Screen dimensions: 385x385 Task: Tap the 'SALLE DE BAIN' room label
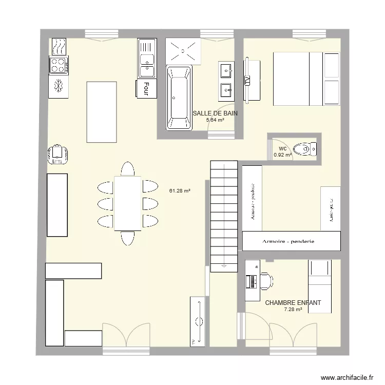[215, 113]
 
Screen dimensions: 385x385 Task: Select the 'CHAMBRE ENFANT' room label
[293, 303]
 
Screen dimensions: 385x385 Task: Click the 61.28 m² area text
[180, 191]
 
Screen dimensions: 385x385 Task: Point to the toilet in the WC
[310, 149]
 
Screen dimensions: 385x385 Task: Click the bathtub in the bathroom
[179, 98]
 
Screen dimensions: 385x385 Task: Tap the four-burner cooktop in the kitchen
[58, 65]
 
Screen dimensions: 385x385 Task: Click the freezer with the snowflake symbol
[58, 86]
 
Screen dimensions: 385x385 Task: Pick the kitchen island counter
[101, 111]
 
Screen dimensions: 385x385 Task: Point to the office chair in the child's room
[265, 280]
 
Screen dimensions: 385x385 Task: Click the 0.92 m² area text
[282, 155]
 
